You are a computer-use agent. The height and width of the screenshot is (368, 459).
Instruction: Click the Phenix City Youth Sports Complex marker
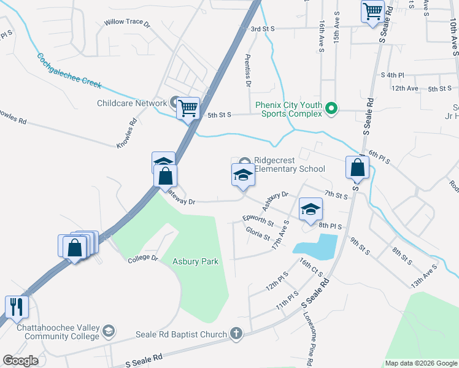tap(331, 109)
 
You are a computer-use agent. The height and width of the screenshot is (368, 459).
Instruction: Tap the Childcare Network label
tap(132, 103)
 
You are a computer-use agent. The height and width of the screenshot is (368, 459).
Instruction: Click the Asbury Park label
tap(195, 261)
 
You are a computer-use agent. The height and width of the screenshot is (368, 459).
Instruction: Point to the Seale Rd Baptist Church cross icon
tap(236, 334)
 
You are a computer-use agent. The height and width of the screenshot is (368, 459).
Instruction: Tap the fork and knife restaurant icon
tap(17, 306)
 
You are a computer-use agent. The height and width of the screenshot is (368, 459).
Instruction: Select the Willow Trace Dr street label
tap(127, 23)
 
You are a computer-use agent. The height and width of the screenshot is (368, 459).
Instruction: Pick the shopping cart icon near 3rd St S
tap(372, 12)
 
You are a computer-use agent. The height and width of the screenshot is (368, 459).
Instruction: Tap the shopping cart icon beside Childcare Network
tap(188, 109)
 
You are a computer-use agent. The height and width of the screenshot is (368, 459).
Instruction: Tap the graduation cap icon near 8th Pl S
tap(310, 209)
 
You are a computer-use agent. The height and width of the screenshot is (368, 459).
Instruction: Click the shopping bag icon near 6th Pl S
tap(357, 167)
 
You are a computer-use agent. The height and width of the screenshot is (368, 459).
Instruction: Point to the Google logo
tap(20, 361)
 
